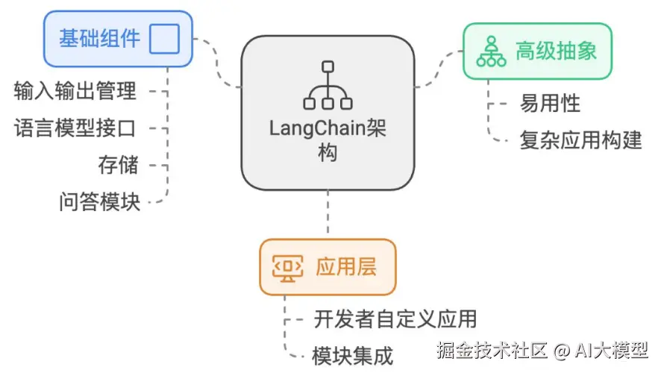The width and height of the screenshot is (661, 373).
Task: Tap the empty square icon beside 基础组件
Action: pos(164,38)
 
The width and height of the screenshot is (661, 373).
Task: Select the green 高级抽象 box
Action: pos(537,51)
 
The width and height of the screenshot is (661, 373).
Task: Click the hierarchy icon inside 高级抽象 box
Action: pos(492,51)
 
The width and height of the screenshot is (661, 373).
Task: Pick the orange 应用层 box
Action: pos(328,267)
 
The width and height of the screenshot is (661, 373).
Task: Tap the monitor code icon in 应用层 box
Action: pos(287,267)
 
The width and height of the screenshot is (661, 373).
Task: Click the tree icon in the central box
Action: pos(328,86)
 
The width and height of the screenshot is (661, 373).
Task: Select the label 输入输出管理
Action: pos(75,91)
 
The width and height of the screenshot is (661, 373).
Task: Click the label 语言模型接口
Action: pos(75,128)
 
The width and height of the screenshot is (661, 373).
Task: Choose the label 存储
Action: pos(118,164)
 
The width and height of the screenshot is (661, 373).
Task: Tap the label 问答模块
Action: pos(99,201)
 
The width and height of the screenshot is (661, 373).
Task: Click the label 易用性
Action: pos(550,104)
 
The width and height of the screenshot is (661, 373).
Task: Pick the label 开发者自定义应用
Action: pos(395,319)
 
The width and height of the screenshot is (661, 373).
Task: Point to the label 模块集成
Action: pos(352,356)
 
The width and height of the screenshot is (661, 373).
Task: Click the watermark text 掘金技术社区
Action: pos(492,349)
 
